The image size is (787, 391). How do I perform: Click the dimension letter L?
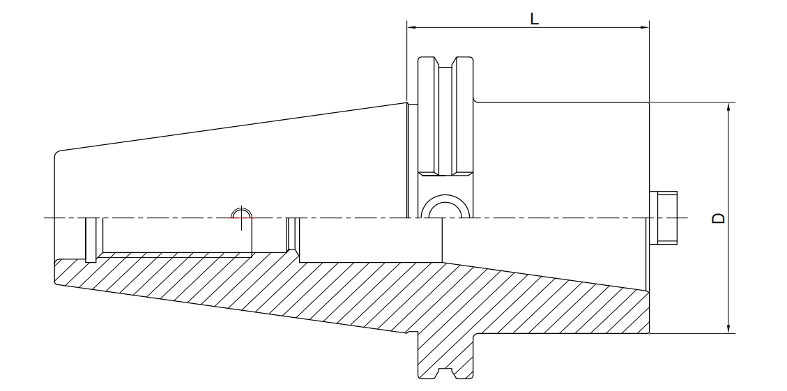535,19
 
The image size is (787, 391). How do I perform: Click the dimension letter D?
719,218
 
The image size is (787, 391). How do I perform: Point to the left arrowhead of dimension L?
411,27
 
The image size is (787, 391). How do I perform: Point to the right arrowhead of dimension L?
645,27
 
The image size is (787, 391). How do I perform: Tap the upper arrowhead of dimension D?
728,107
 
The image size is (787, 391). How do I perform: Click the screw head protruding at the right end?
663,218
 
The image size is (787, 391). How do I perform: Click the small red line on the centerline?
241,218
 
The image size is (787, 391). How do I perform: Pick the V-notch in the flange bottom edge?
445,374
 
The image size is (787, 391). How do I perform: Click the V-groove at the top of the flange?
445,62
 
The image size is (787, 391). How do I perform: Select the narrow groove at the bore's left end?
91,240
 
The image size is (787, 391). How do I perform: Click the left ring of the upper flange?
429,116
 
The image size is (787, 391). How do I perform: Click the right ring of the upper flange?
462,116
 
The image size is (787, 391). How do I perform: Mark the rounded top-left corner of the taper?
56,153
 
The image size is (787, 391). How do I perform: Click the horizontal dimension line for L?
528,27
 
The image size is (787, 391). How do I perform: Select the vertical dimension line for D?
728,218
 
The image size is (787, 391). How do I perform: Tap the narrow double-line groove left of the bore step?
293,235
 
